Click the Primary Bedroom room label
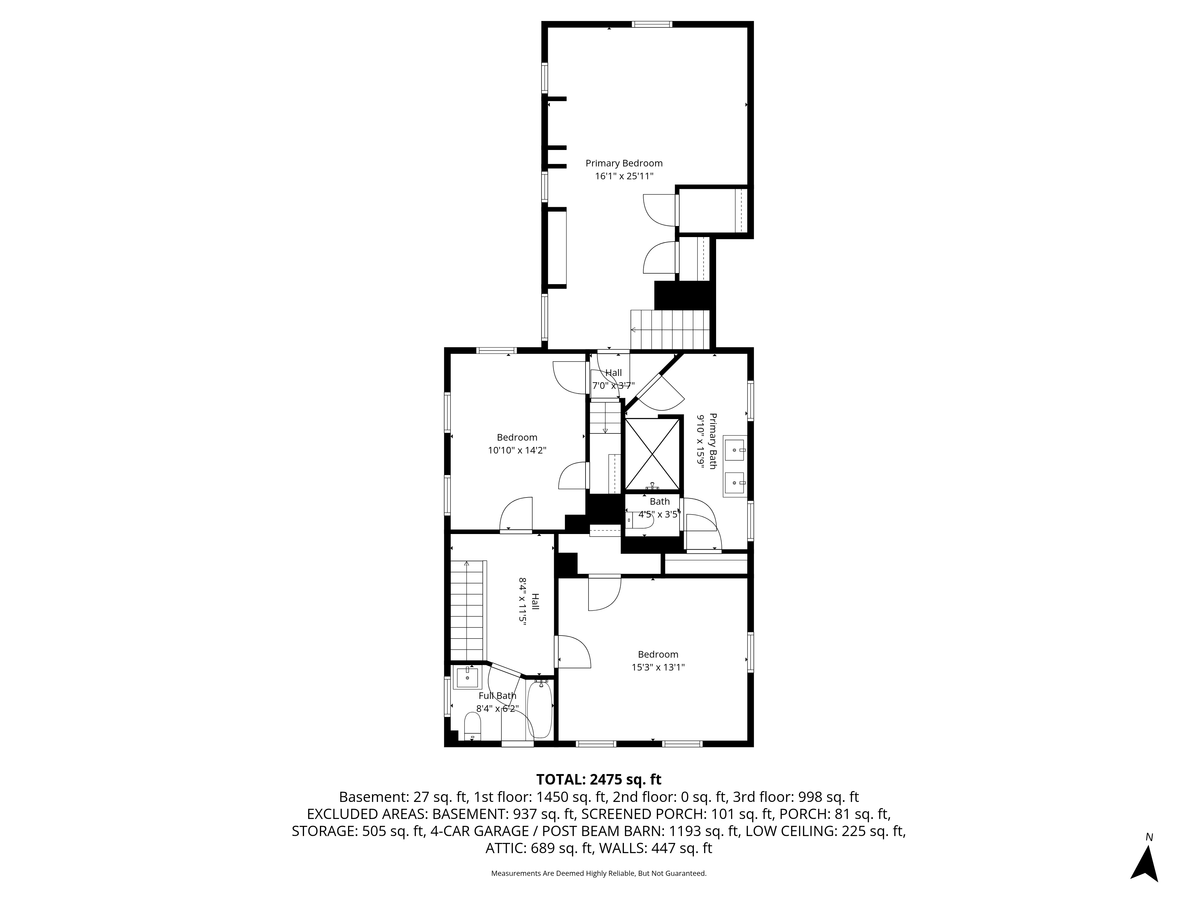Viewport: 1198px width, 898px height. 624,163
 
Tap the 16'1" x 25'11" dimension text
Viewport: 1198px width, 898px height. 624,176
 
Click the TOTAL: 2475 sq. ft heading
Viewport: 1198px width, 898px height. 598,779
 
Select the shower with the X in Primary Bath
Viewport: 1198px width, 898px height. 652,453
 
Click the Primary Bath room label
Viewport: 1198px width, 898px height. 713,441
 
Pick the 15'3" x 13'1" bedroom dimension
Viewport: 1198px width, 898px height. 658,668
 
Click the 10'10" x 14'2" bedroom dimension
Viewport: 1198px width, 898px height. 517,450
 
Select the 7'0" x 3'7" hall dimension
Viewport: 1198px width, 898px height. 613,386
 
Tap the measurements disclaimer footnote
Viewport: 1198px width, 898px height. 598,873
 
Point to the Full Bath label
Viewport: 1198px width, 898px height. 497,696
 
